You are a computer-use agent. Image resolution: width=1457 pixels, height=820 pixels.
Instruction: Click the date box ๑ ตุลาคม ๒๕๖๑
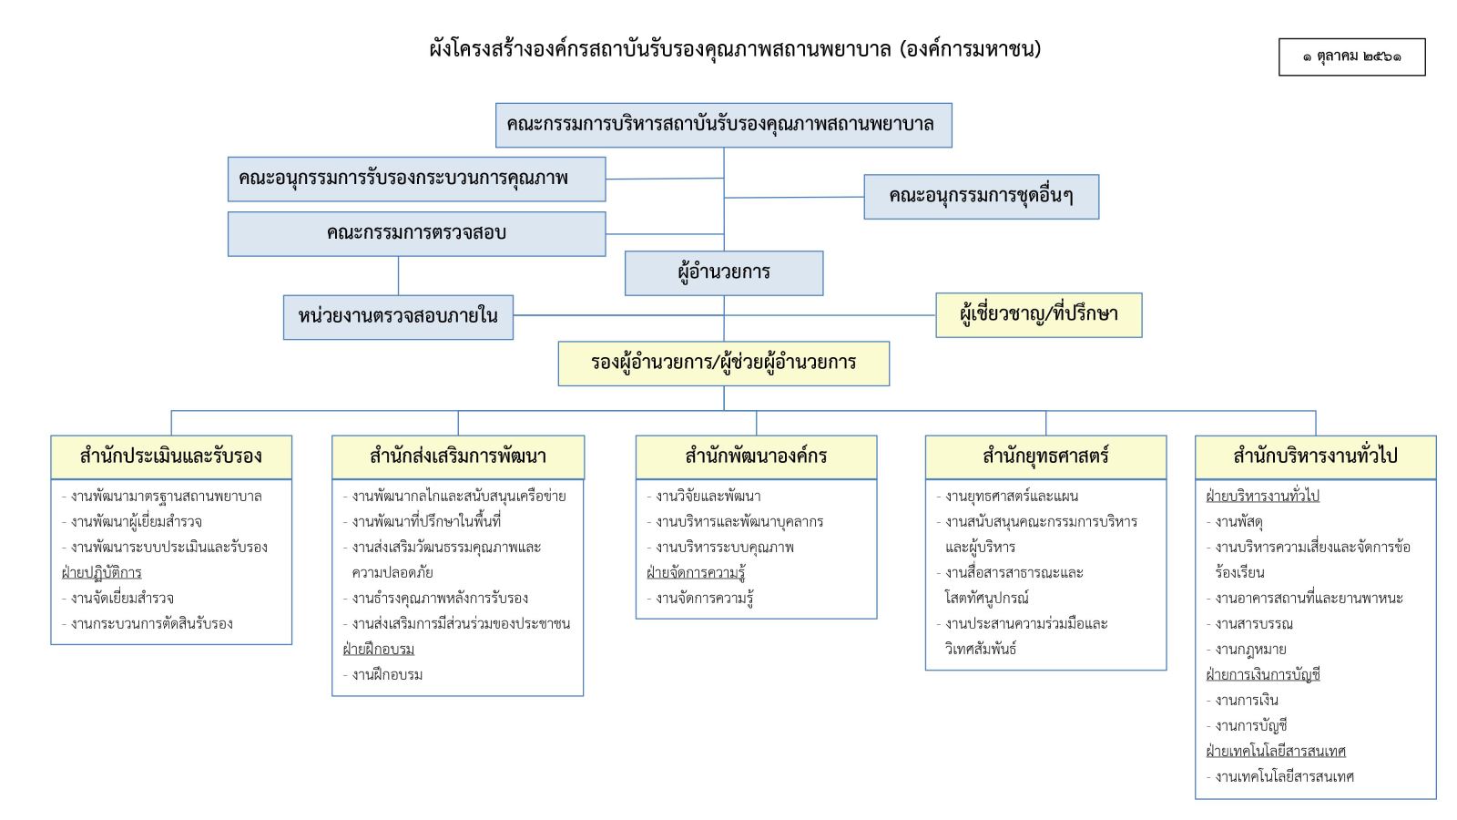pyautogui.click(x=1351, y=57)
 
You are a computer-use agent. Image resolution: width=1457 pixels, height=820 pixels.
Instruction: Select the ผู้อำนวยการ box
pyautogui.click(x=724, y=273)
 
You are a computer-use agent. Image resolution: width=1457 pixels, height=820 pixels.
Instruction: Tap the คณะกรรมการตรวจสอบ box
pyautogui.click(x=416, y=233)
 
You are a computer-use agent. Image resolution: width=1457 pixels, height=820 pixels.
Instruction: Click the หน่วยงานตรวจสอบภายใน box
pyautogui.click(x=398, y=317)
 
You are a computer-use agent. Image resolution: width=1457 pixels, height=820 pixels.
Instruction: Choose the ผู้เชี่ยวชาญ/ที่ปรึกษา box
pyautogui.click(x=1039, y=315)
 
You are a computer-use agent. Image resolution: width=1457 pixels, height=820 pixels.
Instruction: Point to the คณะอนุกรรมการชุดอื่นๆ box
pyautogui.click(x=982, y=197)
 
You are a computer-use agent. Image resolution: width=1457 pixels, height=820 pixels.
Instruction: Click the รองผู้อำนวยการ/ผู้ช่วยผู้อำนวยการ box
pyautogui.click(x=724, y=364)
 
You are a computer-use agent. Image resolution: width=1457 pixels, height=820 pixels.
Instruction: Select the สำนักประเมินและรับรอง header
pyautogui.click(x=171, y=457)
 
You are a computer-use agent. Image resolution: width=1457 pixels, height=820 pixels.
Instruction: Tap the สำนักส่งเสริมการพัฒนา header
pyautogui.click(x=458, y=457)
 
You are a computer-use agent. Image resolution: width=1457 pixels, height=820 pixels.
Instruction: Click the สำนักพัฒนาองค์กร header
pyautogui.click(x=756, y=457)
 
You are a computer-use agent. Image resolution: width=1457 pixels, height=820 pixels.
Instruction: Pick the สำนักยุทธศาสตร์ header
pyautogui.click(x=1046, y=457)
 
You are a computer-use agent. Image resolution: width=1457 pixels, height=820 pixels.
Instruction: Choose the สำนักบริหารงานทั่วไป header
pyautogui.click(x=1315, y=457)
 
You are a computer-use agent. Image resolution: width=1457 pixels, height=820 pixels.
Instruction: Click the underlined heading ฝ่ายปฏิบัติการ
pyautogui.click(x=101, y=573)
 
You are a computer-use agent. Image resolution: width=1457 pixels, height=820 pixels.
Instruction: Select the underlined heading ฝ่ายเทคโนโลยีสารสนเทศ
pyautogui.click(x=1276, y=751)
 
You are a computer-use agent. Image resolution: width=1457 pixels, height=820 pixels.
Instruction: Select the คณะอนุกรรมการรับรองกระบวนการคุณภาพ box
pyautogui.click(x=416, y=179)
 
